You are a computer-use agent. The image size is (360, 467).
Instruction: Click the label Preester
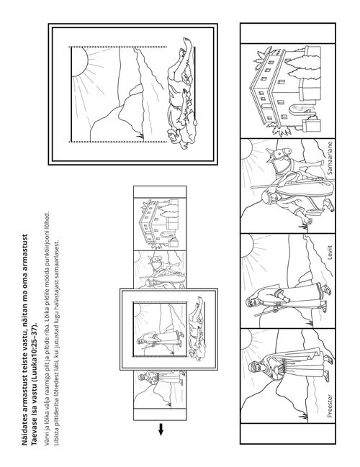click(329, 406)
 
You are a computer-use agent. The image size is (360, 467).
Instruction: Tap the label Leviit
click(329, 253)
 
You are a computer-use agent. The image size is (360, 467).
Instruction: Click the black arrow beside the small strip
click(161, 429)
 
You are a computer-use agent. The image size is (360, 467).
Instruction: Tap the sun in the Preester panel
click(247, 339)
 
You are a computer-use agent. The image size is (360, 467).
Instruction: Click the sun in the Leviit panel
click(247, 246)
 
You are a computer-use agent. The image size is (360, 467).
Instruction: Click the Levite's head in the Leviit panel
click(252, 303)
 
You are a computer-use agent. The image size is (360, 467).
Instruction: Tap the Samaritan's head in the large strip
click(267, 196)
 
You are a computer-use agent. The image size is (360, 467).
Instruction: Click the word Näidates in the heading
click(24, 432)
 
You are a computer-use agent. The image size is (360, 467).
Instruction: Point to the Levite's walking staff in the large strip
click(266, 312)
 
